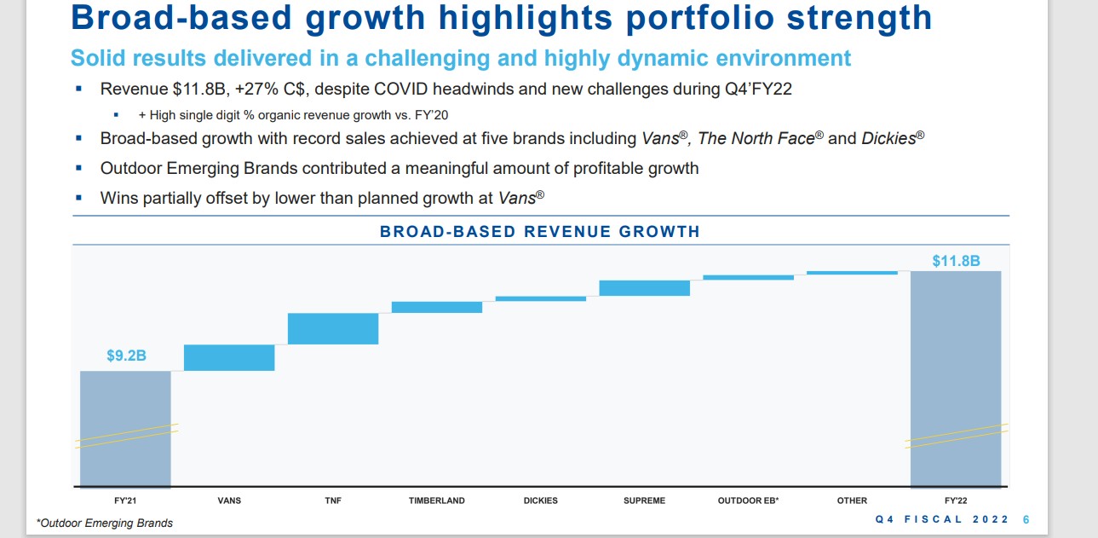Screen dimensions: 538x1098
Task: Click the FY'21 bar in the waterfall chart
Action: pos(125,428)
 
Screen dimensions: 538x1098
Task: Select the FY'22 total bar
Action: pos(956,379)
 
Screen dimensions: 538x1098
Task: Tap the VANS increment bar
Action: pos(229,357)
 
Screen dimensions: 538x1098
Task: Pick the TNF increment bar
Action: pos(333,328)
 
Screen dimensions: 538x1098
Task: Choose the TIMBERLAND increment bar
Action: pos(437,307)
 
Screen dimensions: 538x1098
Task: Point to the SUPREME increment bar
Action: pos(644,288)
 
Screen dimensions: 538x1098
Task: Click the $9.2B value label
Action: pos(126,356)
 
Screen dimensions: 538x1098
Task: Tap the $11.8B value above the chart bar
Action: pos(956,261)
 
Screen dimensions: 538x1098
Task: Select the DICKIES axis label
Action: pos(541,500)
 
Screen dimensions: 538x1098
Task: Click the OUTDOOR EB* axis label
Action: pos(748,500)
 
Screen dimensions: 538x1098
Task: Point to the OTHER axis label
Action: pos(852,500)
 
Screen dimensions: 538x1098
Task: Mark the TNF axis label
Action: pos(333,500)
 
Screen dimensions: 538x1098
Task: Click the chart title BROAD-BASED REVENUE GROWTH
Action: pos(540,231)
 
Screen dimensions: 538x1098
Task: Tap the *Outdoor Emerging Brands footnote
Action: pos(105,523)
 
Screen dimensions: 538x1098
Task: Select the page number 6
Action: pos(1026,519)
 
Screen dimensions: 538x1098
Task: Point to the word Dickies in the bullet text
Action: pos(888,138)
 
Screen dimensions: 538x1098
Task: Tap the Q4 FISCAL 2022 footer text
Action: pos(942,519)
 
